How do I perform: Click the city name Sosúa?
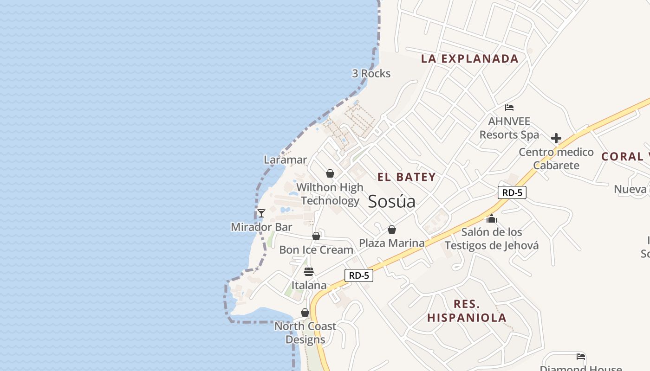click(391, 201)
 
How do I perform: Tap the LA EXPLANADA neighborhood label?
click(469, 58)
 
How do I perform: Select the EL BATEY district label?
click(406, 177)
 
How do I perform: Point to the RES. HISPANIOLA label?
click(467, 311)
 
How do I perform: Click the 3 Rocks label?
click(371, 73)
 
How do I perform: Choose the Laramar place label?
click(285, 160)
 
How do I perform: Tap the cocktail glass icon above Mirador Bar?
click(261, 213)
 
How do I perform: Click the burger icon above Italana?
click(309, 271)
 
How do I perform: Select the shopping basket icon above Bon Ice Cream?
click(316, 236)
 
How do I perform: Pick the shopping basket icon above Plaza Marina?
click(392, 230)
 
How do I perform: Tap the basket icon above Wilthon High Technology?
click(330, 173)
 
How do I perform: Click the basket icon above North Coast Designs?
click(305, 313)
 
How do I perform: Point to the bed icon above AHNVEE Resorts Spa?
click(509, 108)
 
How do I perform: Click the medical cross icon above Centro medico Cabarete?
click(556, 138)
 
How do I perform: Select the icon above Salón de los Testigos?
click(492, 218)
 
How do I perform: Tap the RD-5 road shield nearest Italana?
click(359, 275)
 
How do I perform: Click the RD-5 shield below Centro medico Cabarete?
click(512, 192)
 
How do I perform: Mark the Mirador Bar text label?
click(261, 227)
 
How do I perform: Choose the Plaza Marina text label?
click(392, 243)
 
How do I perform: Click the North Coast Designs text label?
click(305, 333)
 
